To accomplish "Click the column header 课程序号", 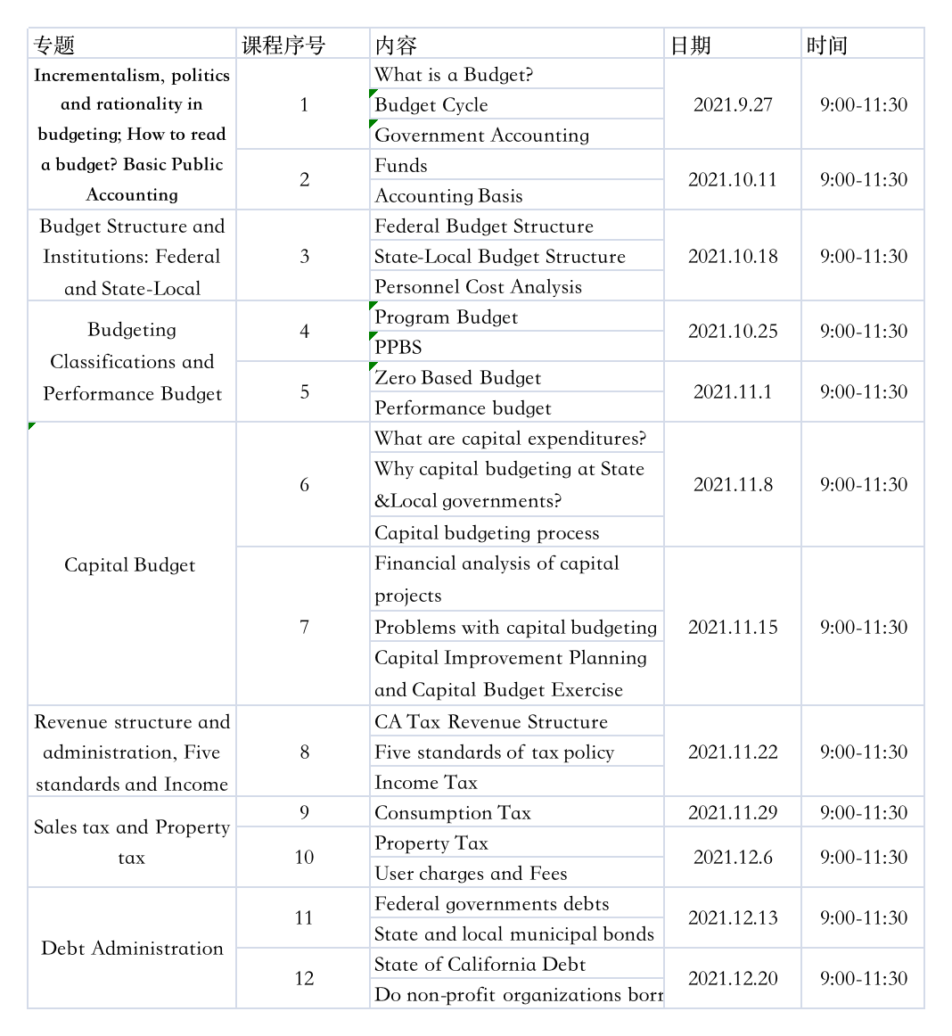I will click(284, 45).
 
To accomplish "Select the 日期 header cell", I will click(691, 45).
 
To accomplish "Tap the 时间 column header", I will click(826, 45).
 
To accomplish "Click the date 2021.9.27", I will click(733, 104).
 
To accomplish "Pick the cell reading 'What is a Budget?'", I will click(454, 75).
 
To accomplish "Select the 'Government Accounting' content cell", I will click(482, 135).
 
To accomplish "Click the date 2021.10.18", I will click(733, 256).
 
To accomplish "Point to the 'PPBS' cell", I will click(398, 347).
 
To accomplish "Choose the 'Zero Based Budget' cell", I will click(458, 377).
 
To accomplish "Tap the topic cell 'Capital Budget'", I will click(130, 564).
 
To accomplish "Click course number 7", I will click(304, 627).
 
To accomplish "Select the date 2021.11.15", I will click(733, 627).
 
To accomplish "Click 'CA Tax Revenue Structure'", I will click(491, 721).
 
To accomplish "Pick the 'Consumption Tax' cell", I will click(453, 812).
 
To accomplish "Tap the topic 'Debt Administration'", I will click(132, 948).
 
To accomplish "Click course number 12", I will click(304, 978).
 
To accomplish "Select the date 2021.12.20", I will click(733, 978).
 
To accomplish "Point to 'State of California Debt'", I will click(480, 964).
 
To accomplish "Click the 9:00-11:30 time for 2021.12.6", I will click(864, 857).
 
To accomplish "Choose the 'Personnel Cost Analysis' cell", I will click(479, 286).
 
